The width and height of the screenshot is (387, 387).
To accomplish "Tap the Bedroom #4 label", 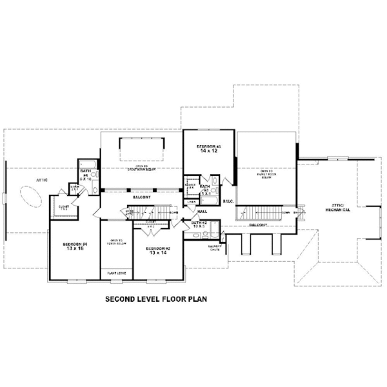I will click(75, 244).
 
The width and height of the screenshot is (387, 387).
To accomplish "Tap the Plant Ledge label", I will click(117, 273).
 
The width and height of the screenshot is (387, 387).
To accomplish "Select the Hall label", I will click(202, 211).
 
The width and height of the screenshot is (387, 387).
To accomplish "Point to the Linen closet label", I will click(192, 202).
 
